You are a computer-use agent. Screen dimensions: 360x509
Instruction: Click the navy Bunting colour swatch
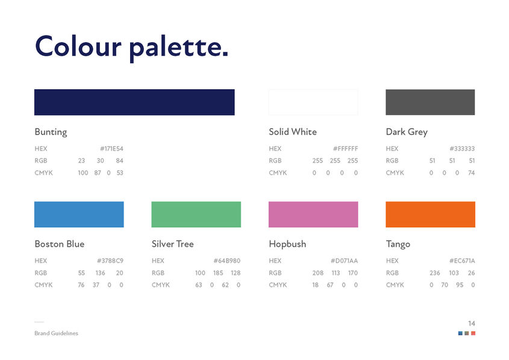point(134,102)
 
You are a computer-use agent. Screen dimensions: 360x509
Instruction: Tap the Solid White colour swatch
point(313,102)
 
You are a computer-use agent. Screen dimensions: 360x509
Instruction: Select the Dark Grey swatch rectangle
point(430,102)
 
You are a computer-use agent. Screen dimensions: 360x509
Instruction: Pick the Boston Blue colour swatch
point(79,214)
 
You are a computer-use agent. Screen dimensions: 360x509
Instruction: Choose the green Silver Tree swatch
point(196,214)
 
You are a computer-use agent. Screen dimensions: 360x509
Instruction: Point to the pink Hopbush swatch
point(313,214)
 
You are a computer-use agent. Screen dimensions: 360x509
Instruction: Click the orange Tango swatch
point(430,214)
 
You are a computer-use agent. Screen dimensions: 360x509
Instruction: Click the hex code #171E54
point(111,149)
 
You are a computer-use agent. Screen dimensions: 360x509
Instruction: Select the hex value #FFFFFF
point(345,149)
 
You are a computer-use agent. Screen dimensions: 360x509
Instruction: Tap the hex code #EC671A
point(462,261)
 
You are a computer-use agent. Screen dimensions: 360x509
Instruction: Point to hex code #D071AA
point(344,261)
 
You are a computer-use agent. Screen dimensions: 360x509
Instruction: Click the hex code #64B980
point(227,261)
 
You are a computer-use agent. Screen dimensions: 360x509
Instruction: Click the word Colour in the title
point(78,46)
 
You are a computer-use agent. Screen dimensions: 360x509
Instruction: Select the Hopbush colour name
point(287,244)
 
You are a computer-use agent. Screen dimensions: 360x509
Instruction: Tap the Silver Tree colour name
point(173,244)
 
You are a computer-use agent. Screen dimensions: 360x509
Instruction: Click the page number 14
point(471,323)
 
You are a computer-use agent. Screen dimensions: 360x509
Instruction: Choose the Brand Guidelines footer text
point(56,334)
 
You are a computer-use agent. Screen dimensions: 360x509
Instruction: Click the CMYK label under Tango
point(395,285)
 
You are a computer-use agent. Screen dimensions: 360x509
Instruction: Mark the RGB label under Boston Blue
point(41,273)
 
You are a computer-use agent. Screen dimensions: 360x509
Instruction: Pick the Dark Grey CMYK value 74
point(471,173)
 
